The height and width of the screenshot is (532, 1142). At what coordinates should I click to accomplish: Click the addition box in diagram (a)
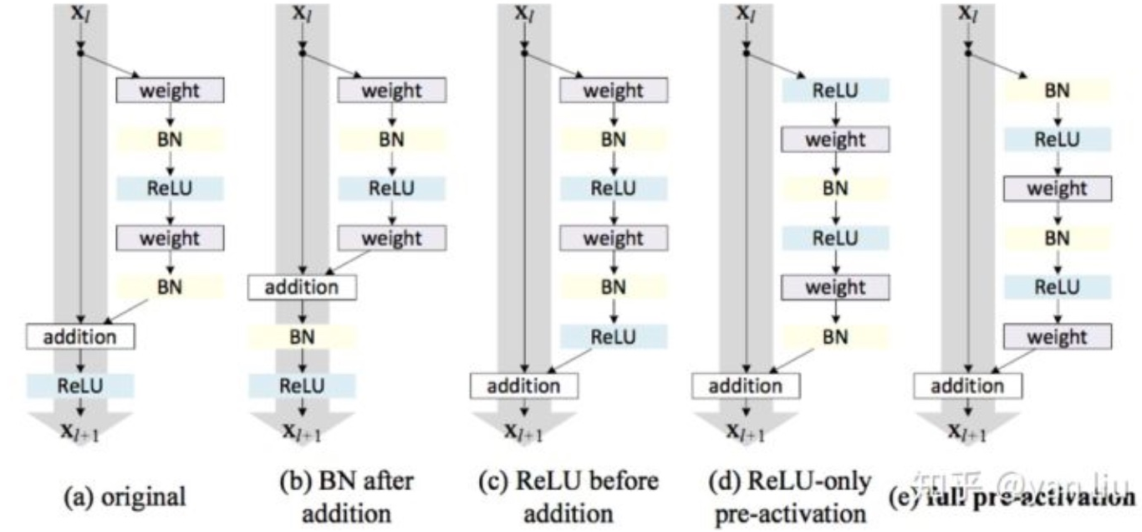[x=80, y=337]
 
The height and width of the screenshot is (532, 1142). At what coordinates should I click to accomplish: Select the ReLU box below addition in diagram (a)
[x=80, y=385]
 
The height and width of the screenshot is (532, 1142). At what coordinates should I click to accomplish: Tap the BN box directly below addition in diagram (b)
[x=302, y=337]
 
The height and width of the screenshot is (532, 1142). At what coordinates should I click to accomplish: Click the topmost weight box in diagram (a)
[x=171, y=90]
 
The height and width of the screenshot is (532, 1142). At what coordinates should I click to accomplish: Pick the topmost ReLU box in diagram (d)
[x=835, y=90]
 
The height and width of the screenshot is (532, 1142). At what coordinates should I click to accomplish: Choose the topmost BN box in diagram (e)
[x=1057, y=90]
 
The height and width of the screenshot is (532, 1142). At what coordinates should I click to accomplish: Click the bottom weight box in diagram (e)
[x=1057, y=336]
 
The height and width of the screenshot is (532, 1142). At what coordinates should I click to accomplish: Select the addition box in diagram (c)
[x=523, y=386]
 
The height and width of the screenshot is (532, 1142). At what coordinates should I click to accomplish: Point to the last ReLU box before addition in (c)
[x=614, y=336]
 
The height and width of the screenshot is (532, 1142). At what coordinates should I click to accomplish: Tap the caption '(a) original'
[x=125, y=496]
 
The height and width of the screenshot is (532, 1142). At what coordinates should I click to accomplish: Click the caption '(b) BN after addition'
[x=345, y=496]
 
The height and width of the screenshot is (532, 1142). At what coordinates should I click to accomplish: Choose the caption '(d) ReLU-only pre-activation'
[x=790, y=496]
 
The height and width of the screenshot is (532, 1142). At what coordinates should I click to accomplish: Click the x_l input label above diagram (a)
[x=80, y=14]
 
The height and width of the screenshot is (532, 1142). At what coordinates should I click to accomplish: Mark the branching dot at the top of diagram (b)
[x=303, y=52]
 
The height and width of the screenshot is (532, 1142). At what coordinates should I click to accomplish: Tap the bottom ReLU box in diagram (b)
[x=302, y=386]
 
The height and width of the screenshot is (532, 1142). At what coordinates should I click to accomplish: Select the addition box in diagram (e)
[x=967, y=386]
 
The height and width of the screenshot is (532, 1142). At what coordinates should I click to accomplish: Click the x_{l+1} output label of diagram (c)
[x=525, y=432]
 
